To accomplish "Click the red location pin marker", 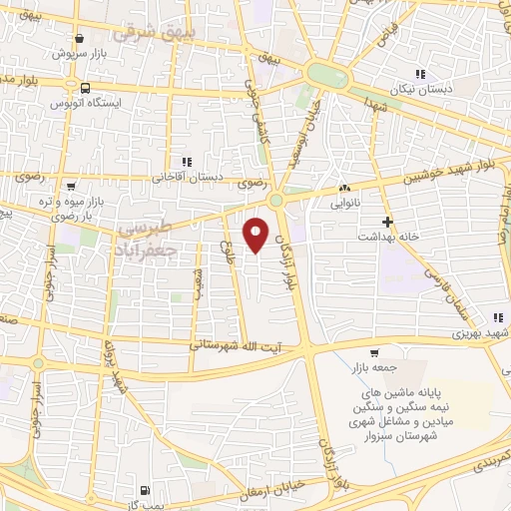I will pos(257,235).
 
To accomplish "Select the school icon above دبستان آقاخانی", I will pos(185,161).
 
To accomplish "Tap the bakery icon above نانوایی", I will pos(344,187).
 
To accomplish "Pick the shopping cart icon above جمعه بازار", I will pos(374,352).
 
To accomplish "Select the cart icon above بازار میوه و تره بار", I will pos(72,186).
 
